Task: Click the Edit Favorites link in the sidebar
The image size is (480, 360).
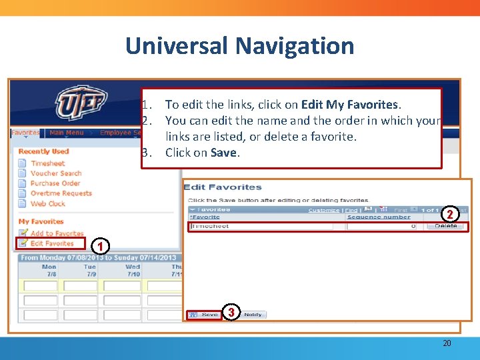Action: coord(51,243)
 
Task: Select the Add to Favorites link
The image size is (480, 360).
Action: coord(57,233)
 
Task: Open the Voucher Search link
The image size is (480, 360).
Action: coord(55,173)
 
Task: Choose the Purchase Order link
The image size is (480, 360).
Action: coord(55,183)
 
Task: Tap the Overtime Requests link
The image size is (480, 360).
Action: coord(61,193)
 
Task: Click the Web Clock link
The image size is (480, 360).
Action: coord(47,203)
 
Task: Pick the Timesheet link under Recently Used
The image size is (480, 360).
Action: coord(47,163)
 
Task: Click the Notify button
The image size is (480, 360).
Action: coord(253,315)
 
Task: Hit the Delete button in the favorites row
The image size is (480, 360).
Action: coord(446,226)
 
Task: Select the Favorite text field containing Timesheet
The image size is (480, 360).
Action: coord(261,227)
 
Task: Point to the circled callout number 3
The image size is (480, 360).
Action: coord(231,312)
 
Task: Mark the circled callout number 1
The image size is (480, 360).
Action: coord(99,247)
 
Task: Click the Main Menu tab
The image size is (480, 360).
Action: coord(66,133)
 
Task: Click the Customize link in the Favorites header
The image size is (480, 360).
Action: coord(324,210)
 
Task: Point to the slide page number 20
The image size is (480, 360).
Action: coord(447,343)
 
